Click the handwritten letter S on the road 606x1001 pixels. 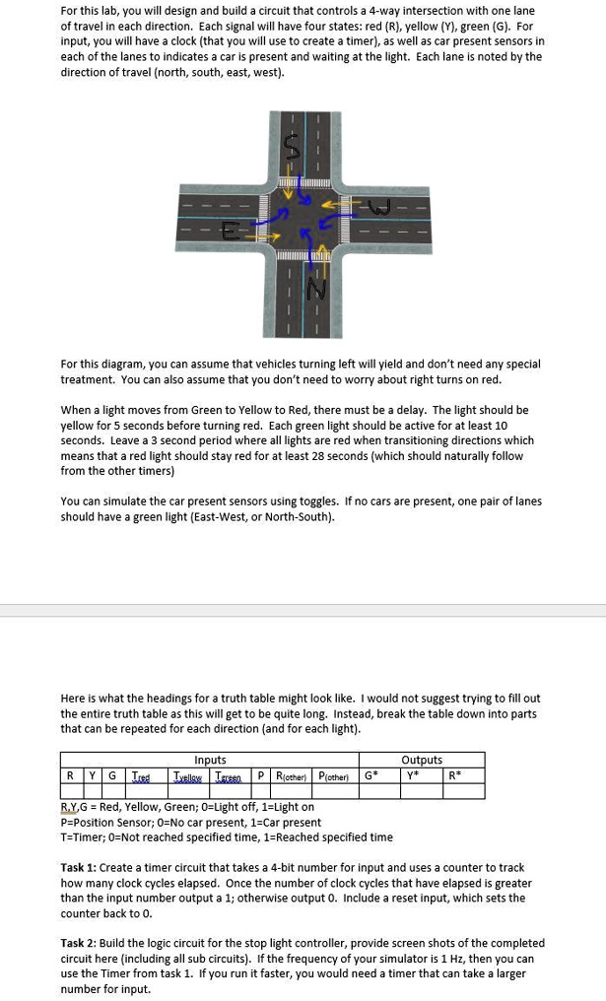click(292, 148)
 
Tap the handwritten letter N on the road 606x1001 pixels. click(315, 289)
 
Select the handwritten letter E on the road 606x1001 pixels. click(230, 232)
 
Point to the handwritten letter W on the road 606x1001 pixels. click(378, 208)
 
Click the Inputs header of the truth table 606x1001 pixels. click(210, 760)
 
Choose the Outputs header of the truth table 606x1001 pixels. click(422, 760)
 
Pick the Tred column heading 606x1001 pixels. click(142, 775)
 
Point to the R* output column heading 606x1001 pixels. click(454, 775)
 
